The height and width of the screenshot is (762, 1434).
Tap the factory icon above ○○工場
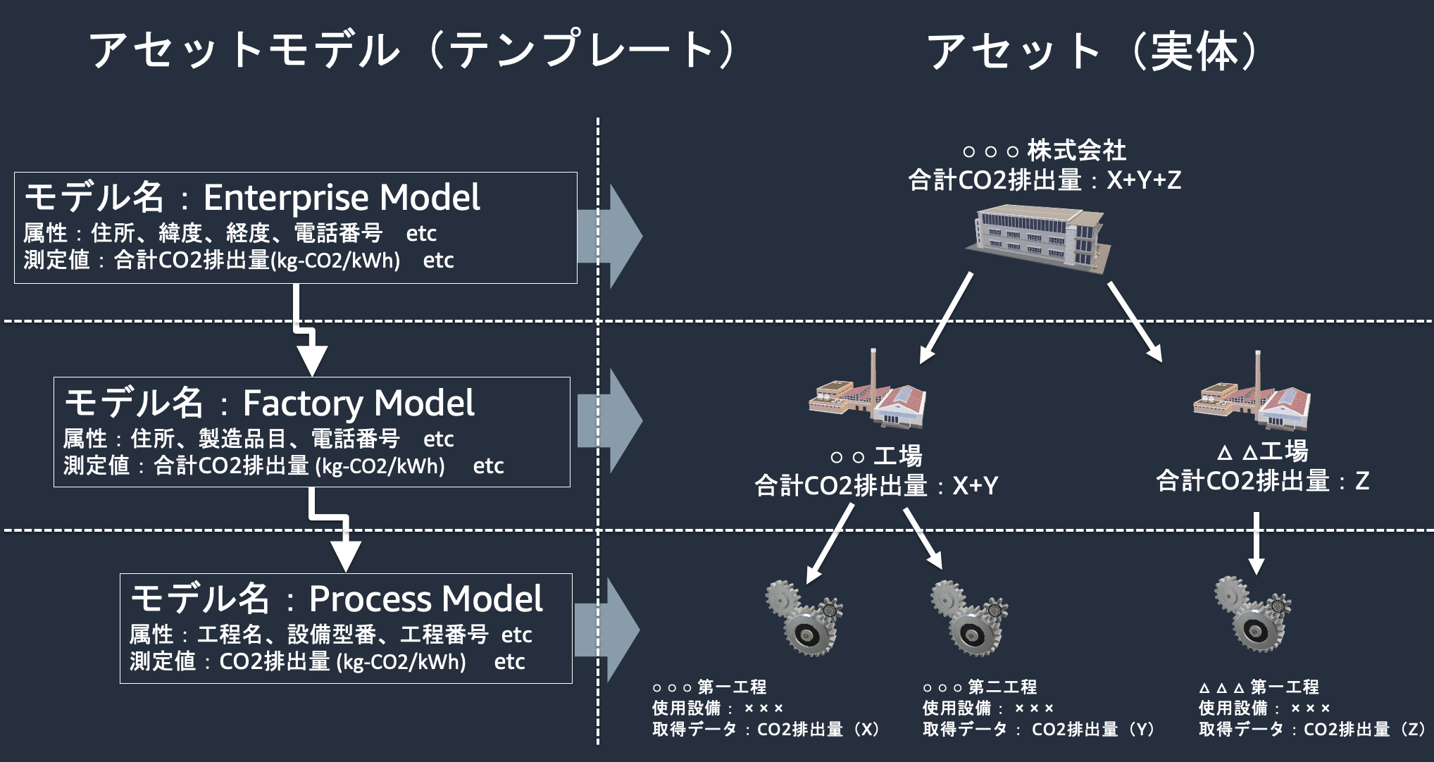[x=868, y=399]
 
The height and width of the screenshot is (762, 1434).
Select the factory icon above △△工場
[x=1252, y=400]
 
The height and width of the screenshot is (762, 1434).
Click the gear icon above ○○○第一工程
[x=804, y=618]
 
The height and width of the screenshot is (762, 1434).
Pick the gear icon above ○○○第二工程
[x=969, y=618]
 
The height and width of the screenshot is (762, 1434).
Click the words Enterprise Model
[x=342, y=198]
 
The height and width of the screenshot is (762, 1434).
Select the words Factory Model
[x=358, y=404]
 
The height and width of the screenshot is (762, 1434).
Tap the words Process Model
[x=425, y=599]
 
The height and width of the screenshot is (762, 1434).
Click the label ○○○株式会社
[x=1044, y=150]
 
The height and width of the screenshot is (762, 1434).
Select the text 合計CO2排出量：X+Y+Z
[x=1044, y=180]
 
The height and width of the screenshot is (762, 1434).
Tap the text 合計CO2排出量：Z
[x=1262, y=481]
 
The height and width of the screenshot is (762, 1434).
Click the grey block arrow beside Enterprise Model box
[x=610, y=236]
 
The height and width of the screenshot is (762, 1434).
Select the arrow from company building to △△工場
[x=1134, y=321]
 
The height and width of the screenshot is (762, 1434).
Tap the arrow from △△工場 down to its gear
[x=1256, y=542]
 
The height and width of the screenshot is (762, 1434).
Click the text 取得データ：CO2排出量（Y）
[x=1038, y=730]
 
